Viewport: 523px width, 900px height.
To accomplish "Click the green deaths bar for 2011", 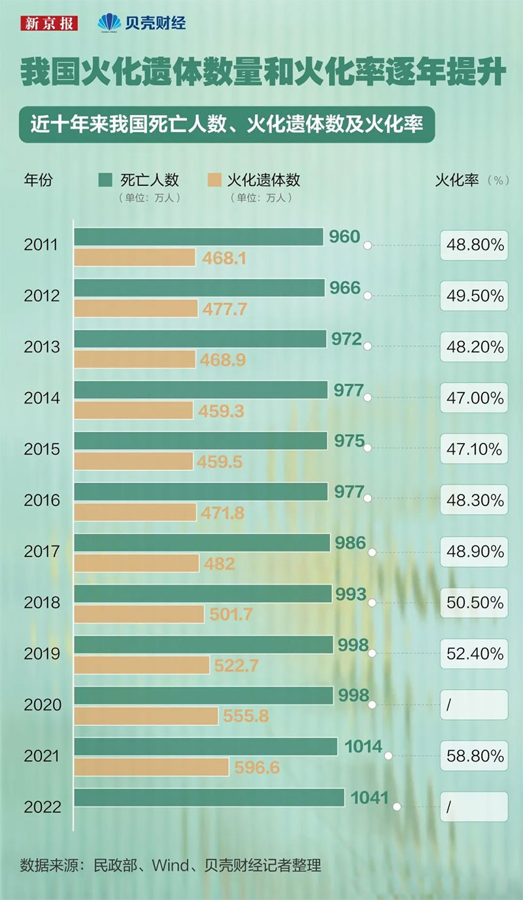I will coord(199,237).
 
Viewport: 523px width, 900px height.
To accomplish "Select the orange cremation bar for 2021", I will coord(151,767).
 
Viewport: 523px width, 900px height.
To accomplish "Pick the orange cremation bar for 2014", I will coord(133,410).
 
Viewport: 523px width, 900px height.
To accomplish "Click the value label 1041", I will coord(369,797).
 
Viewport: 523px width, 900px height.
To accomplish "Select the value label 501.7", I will coord(231,614).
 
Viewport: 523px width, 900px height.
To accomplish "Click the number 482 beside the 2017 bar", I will coord(219,563).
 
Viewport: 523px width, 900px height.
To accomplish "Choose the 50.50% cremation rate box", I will coord(475,602).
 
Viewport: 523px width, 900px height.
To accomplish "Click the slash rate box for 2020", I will coord(475,704).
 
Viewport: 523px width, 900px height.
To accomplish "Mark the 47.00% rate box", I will coord(475,398).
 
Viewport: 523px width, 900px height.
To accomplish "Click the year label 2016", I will coord(42,500).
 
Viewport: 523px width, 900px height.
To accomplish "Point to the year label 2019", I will coord(42,653).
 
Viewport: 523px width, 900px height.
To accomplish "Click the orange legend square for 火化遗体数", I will coord(214,179).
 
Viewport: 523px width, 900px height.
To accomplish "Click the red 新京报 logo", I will coord(49,24).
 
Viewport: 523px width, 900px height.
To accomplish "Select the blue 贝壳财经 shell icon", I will coord(109,23).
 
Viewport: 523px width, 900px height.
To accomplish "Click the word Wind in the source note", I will coord(169,865).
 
